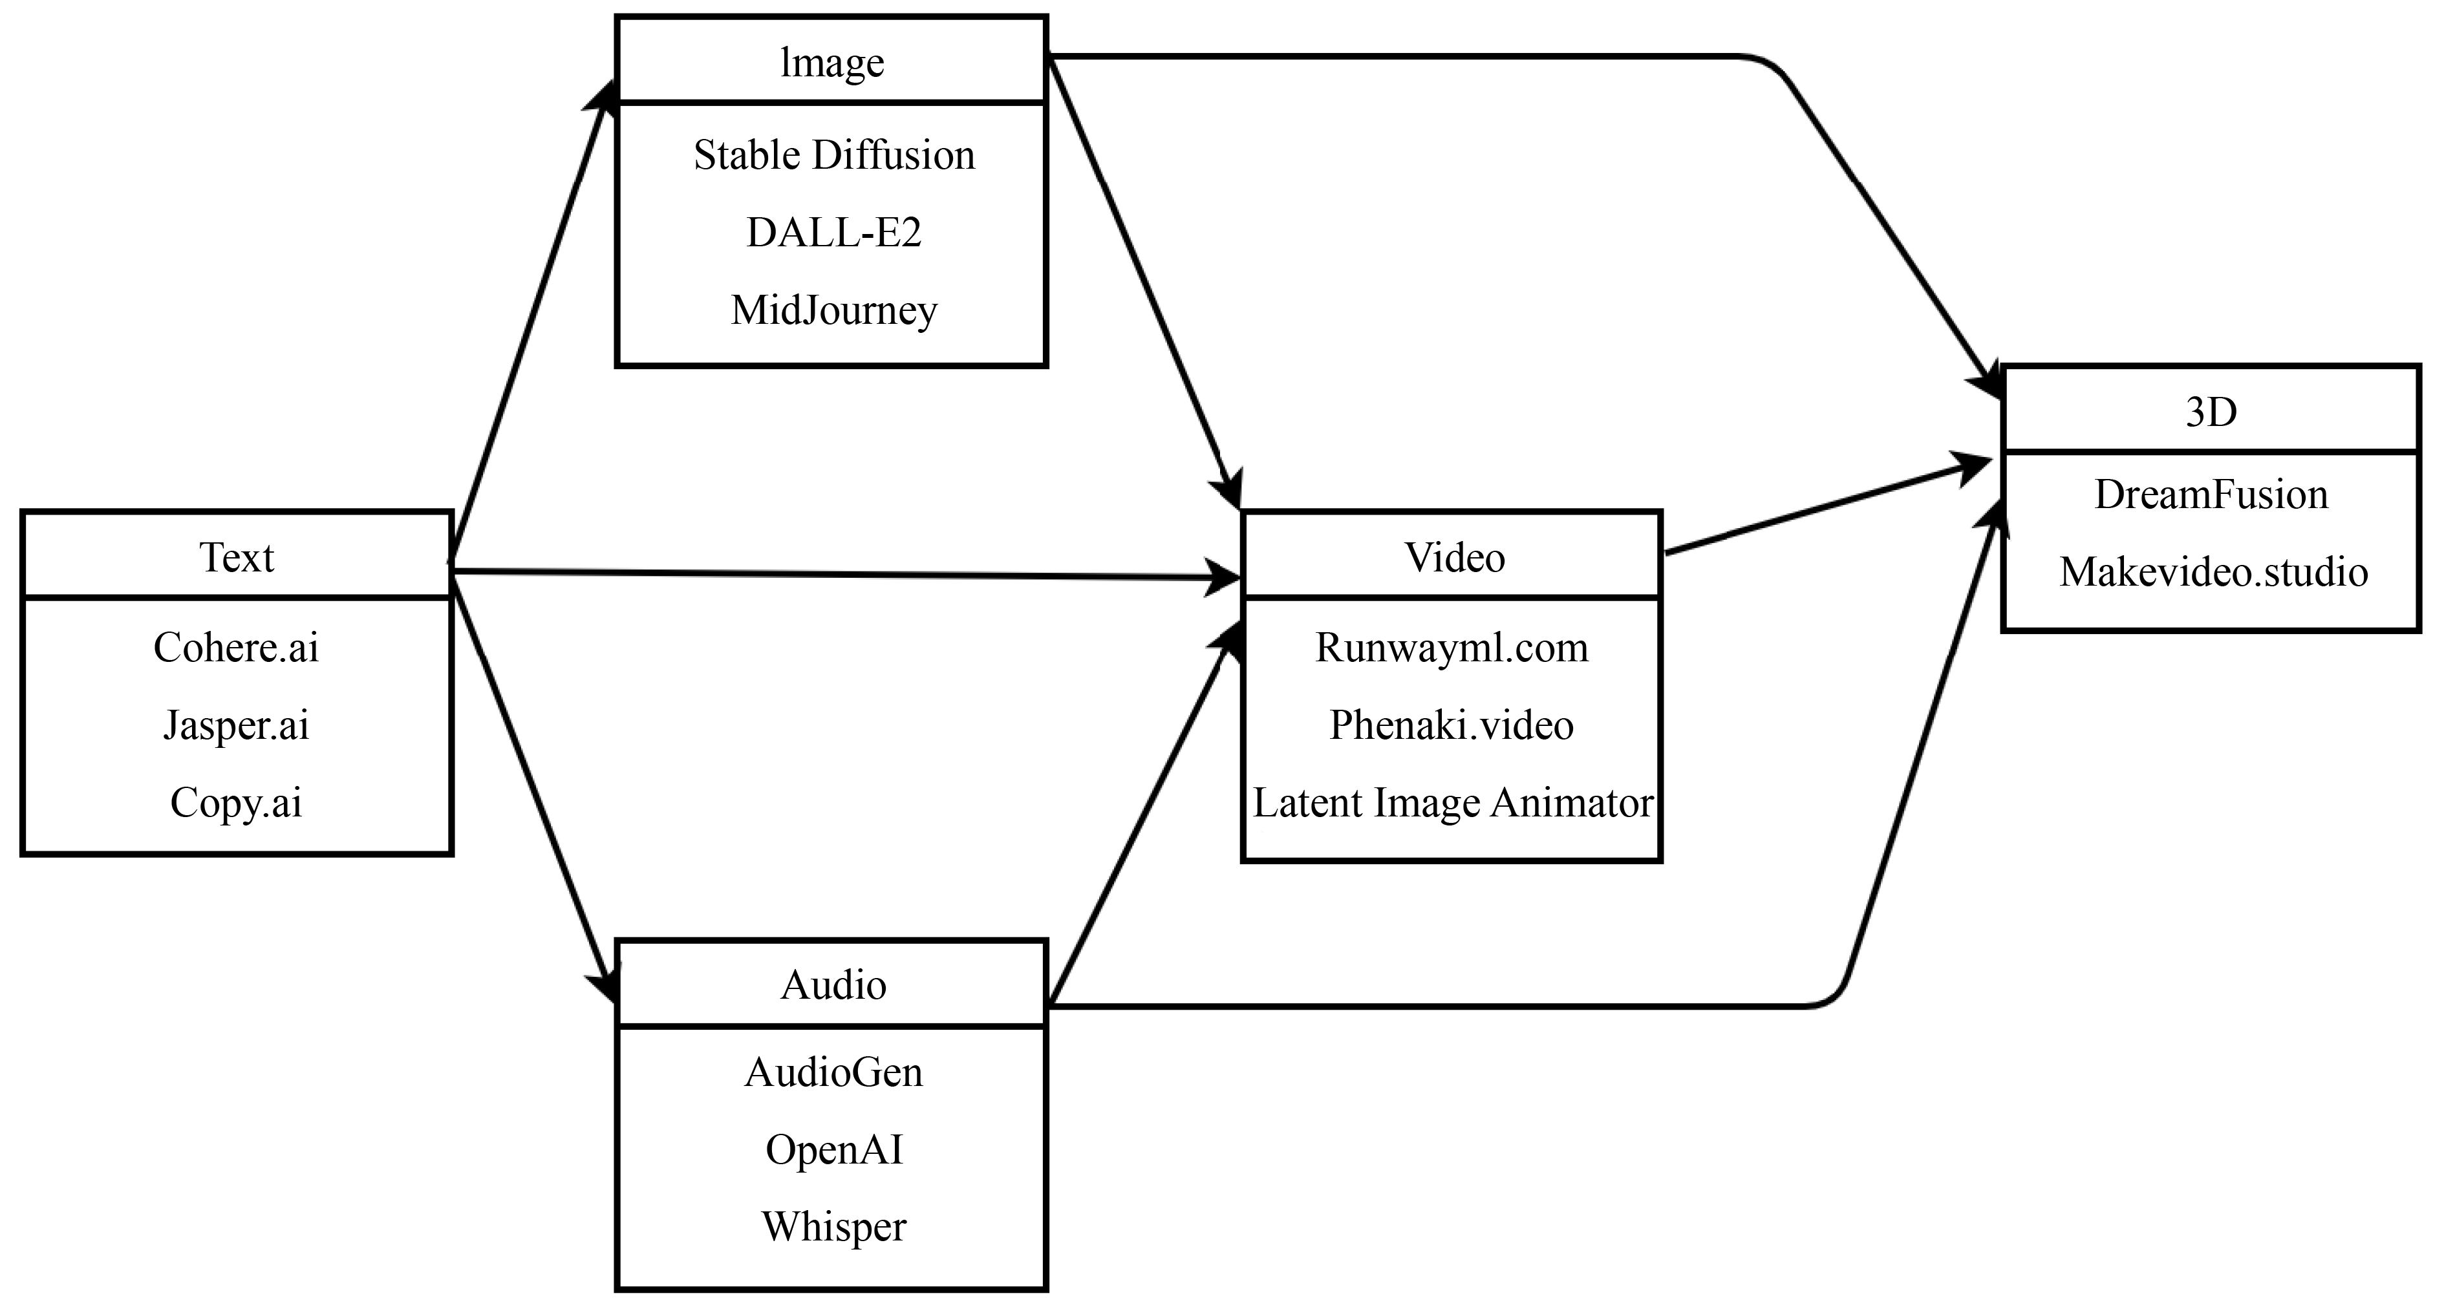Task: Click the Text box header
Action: (236, 557)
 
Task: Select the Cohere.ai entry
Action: (236, 647)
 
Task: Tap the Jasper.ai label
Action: (236, 725)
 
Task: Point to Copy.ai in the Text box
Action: (236, 803)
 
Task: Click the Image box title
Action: (832, 63)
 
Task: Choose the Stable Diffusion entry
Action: (834, 154)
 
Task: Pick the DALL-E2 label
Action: (834, 233)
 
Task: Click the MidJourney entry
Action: (834, 310)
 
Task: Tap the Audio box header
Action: (833, 985)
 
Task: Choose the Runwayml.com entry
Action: (1452, 647)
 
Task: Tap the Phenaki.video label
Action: (1452, 725)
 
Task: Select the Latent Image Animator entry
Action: (1452, 803)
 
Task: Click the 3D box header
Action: (2211, 412)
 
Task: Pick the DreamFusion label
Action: (2211, 495)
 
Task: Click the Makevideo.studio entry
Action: (2213, 572)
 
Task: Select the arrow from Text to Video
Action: (844, 574)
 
